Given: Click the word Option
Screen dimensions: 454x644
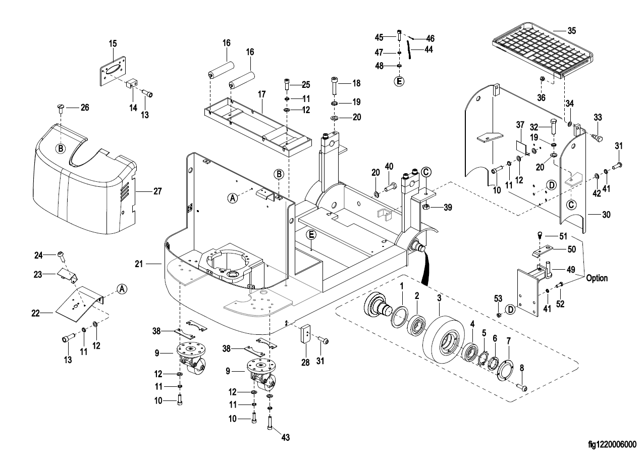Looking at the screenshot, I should pos(597,278).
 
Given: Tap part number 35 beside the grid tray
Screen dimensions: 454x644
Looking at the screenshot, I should pos(571,30).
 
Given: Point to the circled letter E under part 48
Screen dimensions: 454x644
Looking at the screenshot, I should pos(399,81).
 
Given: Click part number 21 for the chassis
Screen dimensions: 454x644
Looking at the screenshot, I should pos(140,263).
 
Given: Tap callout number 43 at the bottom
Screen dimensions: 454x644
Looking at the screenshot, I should pos(285,437).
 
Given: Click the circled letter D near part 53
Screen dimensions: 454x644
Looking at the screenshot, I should pos(510,308).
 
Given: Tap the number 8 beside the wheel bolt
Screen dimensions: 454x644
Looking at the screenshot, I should pos(522,368).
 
